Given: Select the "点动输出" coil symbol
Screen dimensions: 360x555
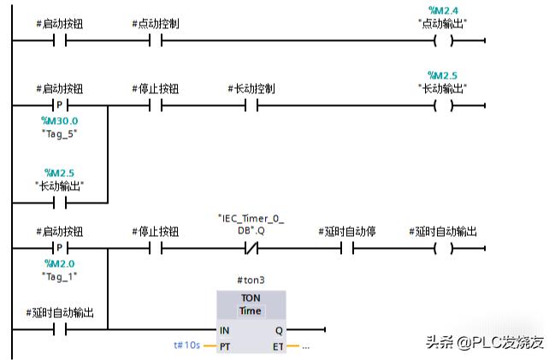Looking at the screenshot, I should [x=442, y=40].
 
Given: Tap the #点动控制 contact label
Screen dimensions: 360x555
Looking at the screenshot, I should [x=156, y=23].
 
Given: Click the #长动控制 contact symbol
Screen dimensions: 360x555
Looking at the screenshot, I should [x=251, y=106].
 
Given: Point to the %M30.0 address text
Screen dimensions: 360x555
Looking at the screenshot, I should [x=59, y=121].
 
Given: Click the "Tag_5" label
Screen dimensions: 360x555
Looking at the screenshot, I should [x=59, y=133].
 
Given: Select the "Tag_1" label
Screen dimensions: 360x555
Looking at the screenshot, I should [x=59, y=275].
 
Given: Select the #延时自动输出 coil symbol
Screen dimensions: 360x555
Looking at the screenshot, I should [x=442, y=249].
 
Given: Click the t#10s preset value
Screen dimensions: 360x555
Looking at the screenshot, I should [x=186, y=345].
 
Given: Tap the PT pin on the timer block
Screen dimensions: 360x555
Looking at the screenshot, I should [x=225, y=345].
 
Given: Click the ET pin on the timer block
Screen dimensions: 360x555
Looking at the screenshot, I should [x=279, y=345].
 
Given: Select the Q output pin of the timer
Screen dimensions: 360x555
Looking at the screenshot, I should [x=280, y=329].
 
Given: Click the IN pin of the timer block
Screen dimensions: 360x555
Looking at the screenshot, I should [x=225, y=329].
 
